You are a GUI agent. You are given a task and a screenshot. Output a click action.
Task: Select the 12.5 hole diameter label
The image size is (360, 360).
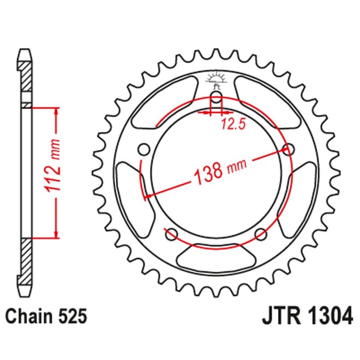[x=233, y=125]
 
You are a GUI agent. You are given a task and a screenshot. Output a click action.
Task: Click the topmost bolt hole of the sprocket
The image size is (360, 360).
[x=216, y=99]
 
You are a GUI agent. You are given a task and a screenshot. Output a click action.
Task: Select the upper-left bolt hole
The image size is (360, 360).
[x=144, y=149]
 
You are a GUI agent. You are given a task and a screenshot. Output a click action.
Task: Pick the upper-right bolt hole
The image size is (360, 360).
[x=288, y=149]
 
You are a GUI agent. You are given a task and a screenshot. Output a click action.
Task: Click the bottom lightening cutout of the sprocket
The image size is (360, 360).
[x=216, y=258]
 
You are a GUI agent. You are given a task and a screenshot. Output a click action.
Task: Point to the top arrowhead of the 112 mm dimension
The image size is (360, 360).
[x=56, y=112]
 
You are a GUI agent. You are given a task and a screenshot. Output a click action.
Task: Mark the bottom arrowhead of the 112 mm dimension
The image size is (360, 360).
[x=56, y=233]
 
